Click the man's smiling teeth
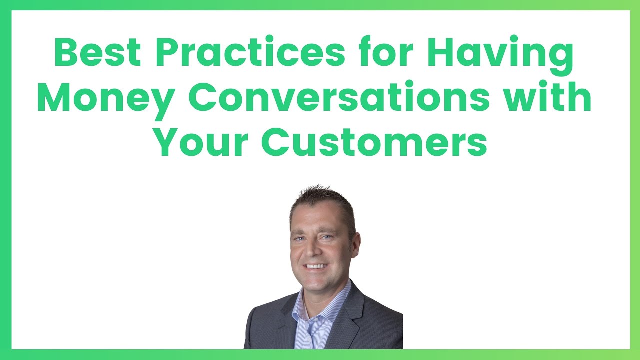pos(316,266)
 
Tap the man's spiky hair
pos(323,201)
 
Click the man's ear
pos(356,245)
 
